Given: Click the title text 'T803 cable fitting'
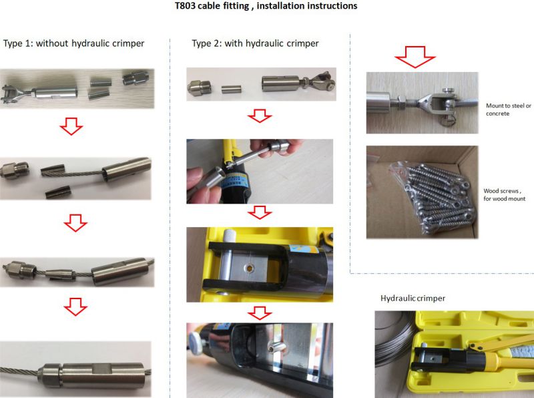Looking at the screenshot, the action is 212,6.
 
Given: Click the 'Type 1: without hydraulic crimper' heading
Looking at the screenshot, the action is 73,43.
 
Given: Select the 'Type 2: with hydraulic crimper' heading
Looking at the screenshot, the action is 255,43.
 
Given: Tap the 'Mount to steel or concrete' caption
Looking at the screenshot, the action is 508,110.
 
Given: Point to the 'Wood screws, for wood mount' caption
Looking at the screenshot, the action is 505,194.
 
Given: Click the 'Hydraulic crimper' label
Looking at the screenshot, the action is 413,298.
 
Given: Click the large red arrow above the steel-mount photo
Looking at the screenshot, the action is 415,57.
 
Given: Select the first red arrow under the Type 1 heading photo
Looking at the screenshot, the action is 71,126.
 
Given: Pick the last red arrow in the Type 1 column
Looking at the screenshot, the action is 75,307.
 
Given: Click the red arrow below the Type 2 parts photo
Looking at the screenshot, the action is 260,116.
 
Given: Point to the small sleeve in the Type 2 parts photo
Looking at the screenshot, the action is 232,89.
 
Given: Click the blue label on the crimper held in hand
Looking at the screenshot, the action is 237,180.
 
